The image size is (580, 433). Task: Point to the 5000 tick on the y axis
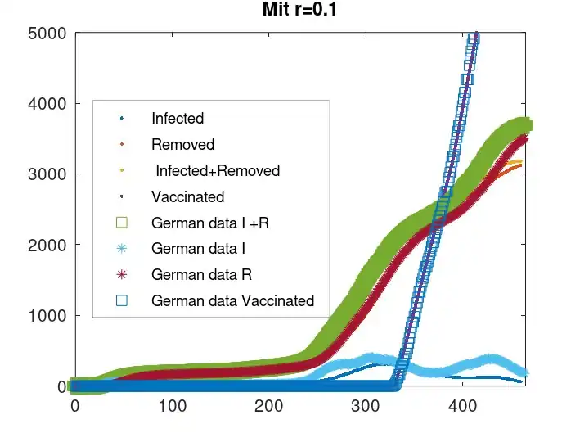(x=50, y=34)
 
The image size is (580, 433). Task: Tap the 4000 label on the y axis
(x=50, y=104)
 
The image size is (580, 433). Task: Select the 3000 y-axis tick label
(x=50, y=174)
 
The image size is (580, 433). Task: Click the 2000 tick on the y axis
(x=50, y=245)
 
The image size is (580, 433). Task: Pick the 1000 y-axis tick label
(x=50, y=315)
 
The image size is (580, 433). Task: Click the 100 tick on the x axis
(x=172, y=405)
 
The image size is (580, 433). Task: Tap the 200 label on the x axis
(x=268, y=405)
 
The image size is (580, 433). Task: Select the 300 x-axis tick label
(x=365, y=405)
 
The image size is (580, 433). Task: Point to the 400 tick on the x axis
(x=461, y=405)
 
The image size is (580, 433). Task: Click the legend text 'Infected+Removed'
(x=218, y=171)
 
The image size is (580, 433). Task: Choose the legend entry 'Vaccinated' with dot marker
(x=187, y=196)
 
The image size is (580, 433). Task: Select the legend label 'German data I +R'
(x=210, y=223)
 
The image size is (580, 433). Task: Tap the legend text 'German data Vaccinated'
(x=232, y=300)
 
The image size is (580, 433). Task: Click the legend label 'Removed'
(x=182, y=145)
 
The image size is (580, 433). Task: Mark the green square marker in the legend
(x=122, y=222)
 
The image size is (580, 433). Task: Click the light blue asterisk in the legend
(x=122, y=248)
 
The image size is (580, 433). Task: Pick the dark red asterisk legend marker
(x=122, y=274)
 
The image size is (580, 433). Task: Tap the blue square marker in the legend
(x=122, y=300)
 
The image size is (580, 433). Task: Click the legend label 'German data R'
(x=199, y=274)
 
